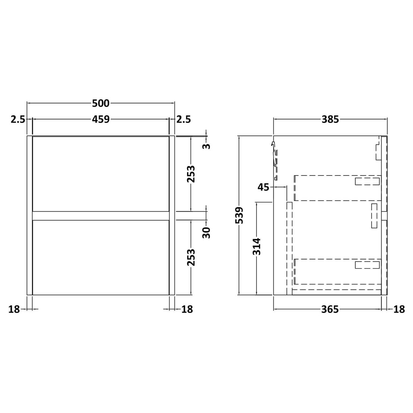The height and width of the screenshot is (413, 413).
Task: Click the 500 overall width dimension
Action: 101,103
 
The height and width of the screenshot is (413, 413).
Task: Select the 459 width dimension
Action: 101,119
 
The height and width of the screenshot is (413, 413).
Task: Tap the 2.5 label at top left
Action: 18,119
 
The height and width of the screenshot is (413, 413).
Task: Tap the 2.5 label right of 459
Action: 184,119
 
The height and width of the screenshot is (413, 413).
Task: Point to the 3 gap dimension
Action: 207,146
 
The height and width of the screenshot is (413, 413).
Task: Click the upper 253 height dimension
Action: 191,174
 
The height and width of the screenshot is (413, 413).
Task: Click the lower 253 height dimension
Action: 191,257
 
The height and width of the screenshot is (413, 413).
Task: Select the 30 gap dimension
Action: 207,232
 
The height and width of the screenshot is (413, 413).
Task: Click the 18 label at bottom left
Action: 14,309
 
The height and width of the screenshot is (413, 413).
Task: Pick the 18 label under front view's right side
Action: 187,309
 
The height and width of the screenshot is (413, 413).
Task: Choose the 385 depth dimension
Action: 330,119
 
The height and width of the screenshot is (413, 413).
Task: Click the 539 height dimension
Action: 239,215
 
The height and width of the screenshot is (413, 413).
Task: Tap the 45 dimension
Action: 263,187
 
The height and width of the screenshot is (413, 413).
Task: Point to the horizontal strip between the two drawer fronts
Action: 101,216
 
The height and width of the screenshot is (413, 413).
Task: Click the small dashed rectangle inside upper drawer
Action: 367,182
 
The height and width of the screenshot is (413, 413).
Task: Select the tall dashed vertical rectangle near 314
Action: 289,248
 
